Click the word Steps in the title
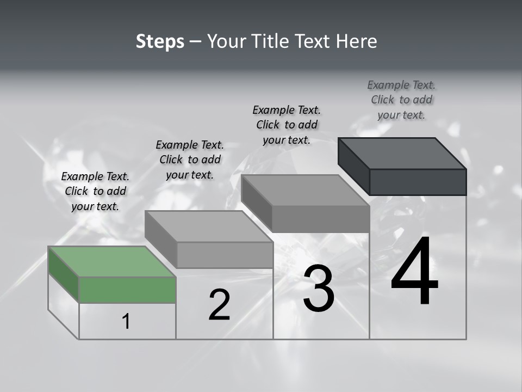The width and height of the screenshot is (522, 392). coord(160,41)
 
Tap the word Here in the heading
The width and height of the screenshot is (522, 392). coord(357,41)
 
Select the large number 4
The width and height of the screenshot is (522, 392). coord(414,272)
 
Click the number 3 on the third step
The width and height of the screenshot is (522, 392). coord(319,289)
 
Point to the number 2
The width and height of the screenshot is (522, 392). coord(219,305)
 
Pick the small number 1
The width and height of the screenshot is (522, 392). coord(126,322)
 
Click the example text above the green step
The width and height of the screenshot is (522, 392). coord(95,192)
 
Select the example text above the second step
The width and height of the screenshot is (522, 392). coord(190,160)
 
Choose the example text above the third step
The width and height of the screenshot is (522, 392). coord(287,125)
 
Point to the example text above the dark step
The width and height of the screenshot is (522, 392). coord(401,100)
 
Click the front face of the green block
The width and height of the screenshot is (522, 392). coord(127,290)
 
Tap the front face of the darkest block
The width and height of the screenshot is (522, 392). coord(418,182)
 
